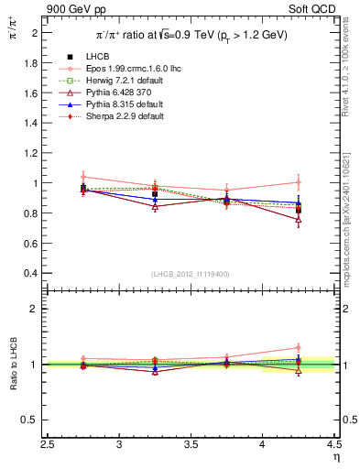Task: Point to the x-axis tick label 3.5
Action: coord(191,445)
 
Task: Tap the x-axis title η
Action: coord(334,457)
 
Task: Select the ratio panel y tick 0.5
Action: coord(32,420)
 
